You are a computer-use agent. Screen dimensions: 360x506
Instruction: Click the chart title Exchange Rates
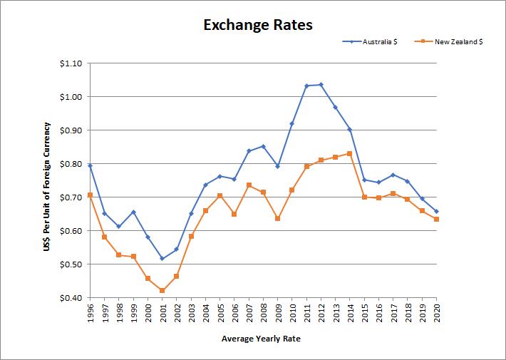(258, 25)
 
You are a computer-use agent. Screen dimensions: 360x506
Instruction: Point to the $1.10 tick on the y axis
(72, 63)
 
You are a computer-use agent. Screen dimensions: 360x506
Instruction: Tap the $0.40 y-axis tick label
(72, 298)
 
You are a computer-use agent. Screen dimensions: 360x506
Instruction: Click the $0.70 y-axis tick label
(72, 197)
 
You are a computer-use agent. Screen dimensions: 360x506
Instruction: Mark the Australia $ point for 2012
(321, 85)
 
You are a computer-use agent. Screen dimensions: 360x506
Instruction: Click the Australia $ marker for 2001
(162, 259)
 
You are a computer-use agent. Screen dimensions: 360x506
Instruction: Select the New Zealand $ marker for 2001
(162, 291)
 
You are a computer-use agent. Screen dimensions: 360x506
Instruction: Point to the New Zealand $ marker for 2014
(350, 153)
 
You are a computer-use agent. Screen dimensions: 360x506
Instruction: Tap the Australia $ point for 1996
(91, 165)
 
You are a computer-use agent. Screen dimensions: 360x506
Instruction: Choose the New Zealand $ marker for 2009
(278, 218)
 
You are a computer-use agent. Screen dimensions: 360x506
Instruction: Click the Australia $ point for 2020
(436, 212)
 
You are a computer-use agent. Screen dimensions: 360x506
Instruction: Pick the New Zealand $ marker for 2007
(249, 185)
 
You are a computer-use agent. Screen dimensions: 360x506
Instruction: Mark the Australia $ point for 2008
(263, 147)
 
